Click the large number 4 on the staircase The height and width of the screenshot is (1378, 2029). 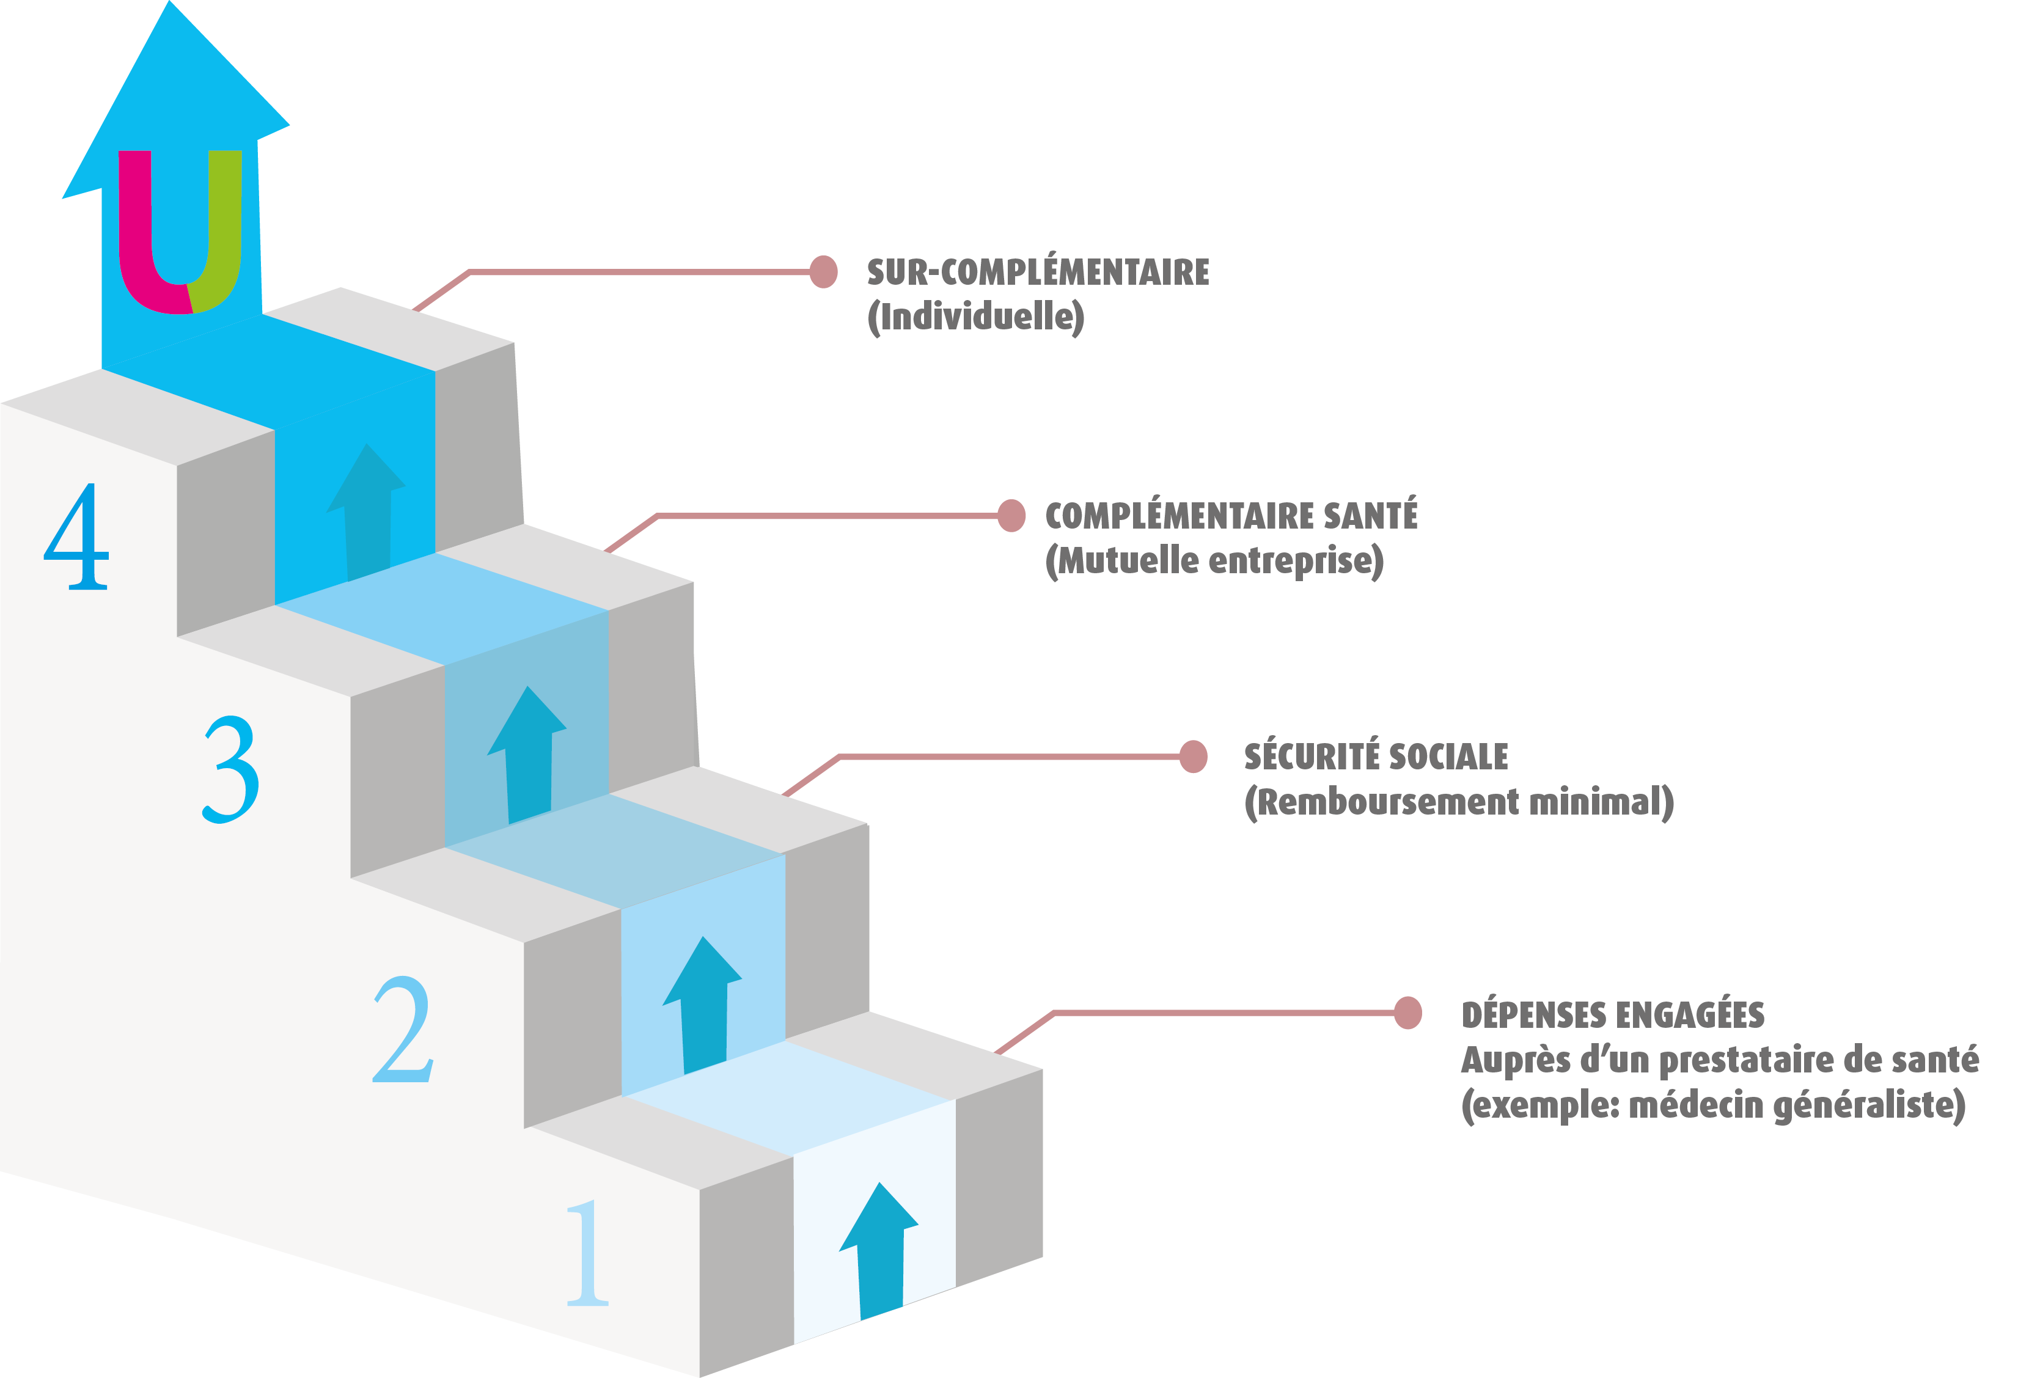tap(77, 537)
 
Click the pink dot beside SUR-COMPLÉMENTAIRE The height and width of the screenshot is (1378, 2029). tap(823, 271)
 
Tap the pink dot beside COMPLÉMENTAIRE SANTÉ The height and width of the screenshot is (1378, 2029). tap(1011, 515)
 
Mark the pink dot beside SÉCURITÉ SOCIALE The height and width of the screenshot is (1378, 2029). tap(1192, 757)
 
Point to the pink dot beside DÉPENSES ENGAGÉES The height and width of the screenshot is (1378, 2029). tap(1407, 1013)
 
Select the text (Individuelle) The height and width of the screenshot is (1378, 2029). tap(975, 317)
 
